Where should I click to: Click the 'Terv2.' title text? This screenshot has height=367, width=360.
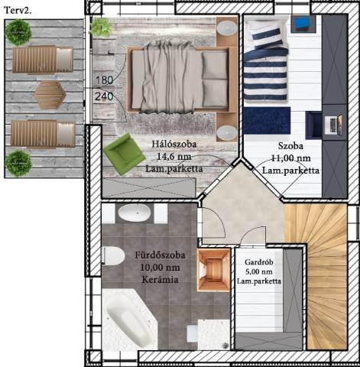coord(18,10)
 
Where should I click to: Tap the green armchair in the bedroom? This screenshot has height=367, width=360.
coord(124,154)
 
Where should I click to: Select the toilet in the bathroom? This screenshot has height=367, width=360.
coord(113,255)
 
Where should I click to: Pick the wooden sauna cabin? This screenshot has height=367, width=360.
coord(213,270)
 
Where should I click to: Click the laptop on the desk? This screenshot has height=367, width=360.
coord(333,125)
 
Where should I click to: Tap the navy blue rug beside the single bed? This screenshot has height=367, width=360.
coord(267,121)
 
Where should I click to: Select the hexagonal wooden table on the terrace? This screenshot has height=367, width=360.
coord(50,95)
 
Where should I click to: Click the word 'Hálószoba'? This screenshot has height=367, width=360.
coord(174,145)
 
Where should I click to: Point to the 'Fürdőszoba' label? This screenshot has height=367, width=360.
coord(160,255)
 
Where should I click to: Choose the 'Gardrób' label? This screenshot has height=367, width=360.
coord(259,262)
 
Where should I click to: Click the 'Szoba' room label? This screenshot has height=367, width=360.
coord(290,146)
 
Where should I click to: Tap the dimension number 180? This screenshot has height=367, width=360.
coord(104,80)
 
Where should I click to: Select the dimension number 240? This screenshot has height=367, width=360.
coord(104,96)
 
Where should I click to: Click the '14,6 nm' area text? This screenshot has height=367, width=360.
coord(174,157)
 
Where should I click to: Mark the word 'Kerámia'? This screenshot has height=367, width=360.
coord(160,280)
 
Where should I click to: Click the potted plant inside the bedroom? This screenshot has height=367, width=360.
coord(100,27)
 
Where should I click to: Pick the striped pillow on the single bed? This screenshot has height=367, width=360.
coord(268,37)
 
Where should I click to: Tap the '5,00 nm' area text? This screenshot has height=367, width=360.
coord(259,271)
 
